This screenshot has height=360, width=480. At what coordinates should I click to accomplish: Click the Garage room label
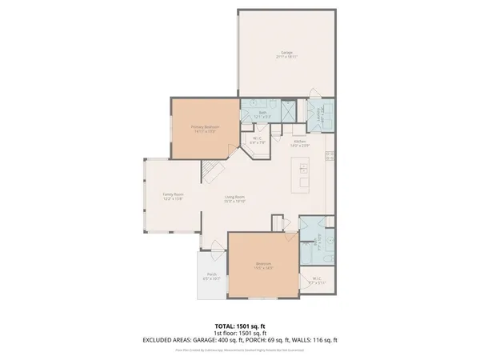tap(287, 53)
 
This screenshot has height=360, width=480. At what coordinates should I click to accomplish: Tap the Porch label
tap(212, 275)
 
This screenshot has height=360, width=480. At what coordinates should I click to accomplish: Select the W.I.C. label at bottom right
tap(318, 280)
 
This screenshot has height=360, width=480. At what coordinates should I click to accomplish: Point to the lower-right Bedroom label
tap(263, 266)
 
